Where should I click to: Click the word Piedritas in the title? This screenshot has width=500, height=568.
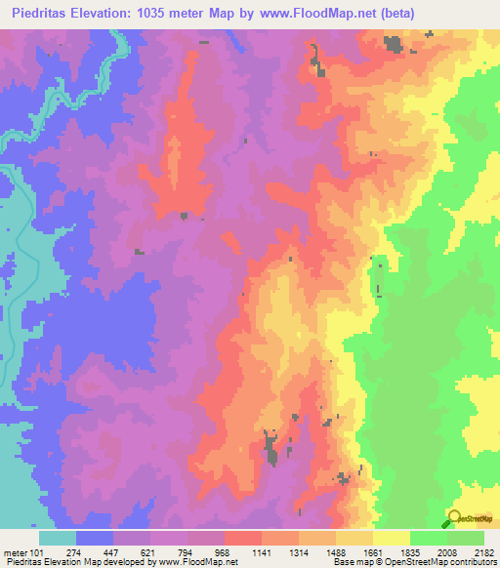pyautogui.click(x=38, y=13)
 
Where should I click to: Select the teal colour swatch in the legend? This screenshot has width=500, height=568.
pyautogui.click(x=57, y=538)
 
